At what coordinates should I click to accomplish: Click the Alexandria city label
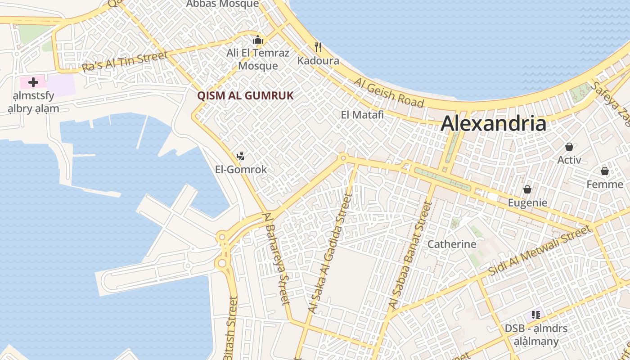[493, 123]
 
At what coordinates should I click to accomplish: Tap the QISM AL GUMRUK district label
[245, 95]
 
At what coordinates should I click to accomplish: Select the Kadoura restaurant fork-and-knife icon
[318, 47]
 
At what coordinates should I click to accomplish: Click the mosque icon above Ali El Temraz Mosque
[258, 40]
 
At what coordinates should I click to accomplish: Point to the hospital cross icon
[33, 82]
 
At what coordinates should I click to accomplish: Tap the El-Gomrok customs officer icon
[241, 156]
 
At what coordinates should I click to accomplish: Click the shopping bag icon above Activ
[569, 147]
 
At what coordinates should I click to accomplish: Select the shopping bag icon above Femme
[605, 171]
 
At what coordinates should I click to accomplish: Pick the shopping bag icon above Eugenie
[527, 189]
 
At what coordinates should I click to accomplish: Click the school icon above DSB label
[535, 315]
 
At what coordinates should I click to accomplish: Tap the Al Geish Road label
[389, 93]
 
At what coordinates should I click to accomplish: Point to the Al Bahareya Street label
[277, 258]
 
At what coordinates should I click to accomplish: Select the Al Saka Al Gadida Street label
[329, 254]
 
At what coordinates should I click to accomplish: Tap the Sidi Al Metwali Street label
[540, 250]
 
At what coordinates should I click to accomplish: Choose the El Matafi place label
[362, 115]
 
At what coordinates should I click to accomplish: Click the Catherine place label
[452, 244]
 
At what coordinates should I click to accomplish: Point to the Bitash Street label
[231, 328]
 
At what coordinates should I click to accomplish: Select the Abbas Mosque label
[223, 4]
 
